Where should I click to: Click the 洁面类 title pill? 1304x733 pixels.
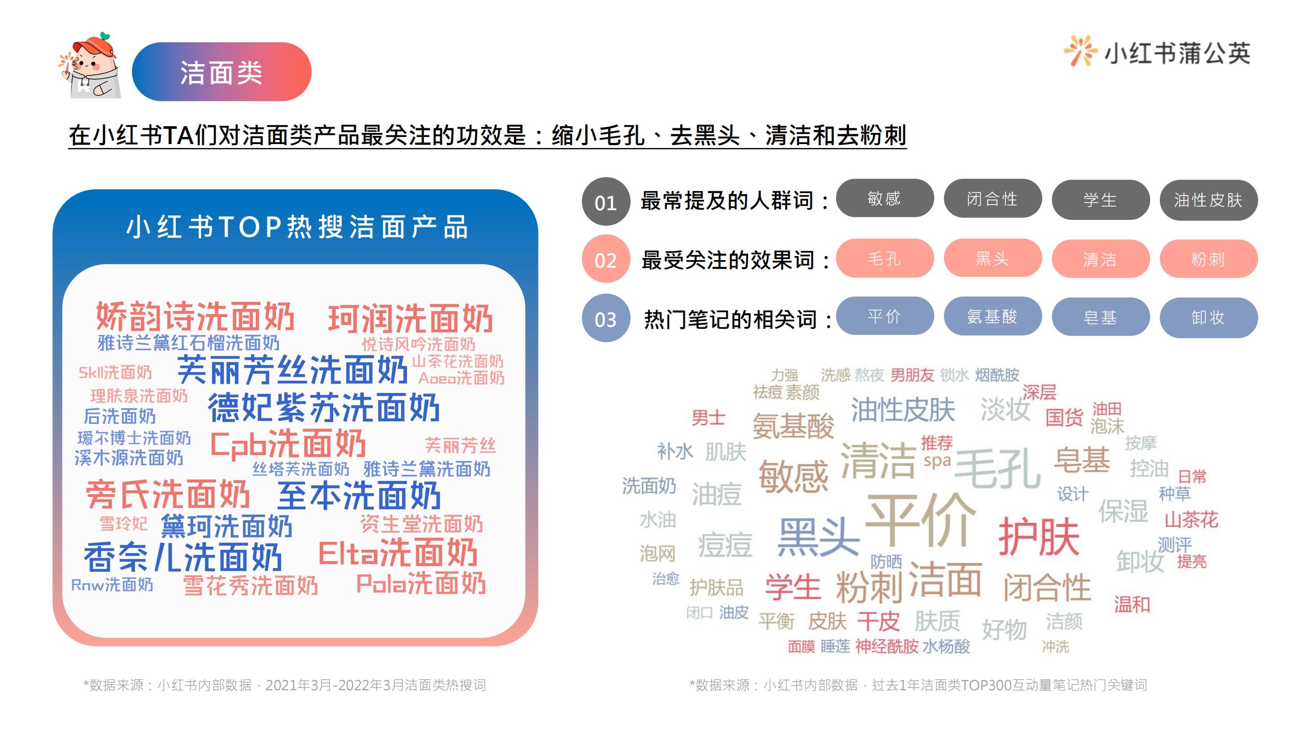pos(222,71)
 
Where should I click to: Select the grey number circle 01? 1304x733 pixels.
pos(606,202)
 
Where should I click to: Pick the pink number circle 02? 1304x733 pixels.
pos(606,259)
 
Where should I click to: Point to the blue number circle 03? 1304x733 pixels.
pos(606,318)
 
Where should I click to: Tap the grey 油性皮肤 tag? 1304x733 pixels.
pos(1208,200)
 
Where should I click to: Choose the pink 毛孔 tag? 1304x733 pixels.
pos(885,258)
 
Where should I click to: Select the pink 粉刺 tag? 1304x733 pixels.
pos(1208,259)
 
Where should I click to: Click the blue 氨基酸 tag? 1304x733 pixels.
pos(992,316)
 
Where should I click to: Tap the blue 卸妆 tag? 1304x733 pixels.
pos(1208,318)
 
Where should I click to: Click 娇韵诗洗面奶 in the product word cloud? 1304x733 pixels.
pos(196,316)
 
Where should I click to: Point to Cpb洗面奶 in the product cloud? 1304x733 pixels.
pos(288,444)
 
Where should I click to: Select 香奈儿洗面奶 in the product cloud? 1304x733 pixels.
pos(183,557)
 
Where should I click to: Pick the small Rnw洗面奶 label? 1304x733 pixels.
pos(112,585)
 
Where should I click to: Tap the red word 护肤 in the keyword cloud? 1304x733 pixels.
pos(1039,537)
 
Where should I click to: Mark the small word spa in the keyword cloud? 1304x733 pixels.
pos(937,462)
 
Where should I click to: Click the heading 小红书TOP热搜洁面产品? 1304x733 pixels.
pos(296,227)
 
